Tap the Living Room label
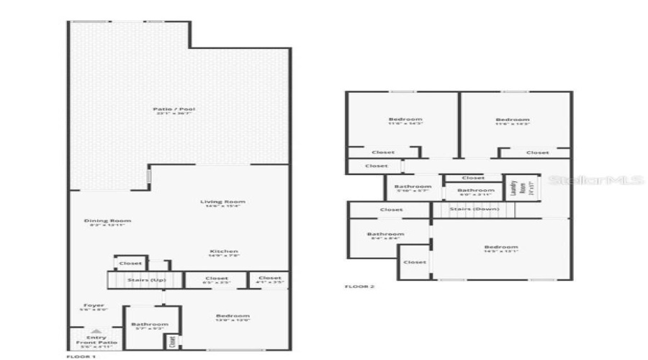click(222, 202)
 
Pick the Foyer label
click(94, 305)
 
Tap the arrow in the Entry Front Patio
click(96, 331)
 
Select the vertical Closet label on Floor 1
click(172, 342)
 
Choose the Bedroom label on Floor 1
click(233, 316)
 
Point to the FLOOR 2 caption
click(359, 287)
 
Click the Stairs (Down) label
click(470, 210)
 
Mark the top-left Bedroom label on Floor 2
click(405, 120)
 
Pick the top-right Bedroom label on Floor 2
click(512, 120)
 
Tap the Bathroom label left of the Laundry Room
click(476, 190)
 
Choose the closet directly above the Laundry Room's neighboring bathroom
click(473, 178)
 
